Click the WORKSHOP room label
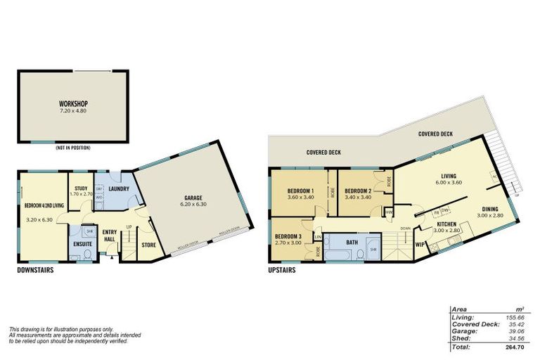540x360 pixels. [74, 104]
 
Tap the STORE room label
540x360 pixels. [148, 245]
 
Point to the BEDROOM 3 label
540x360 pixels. [288, 236]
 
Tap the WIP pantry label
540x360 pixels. [420, 245]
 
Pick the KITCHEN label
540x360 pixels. [446, 224]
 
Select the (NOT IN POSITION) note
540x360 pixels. [73, 148]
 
